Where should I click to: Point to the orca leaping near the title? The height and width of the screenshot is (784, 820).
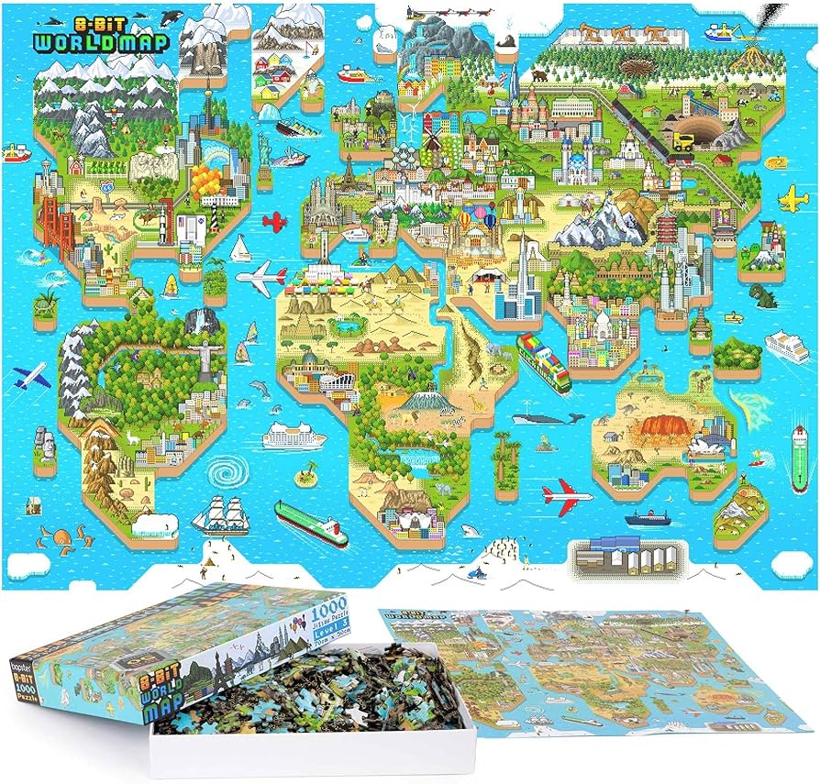(171, 17)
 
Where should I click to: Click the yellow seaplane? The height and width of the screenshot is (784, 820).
(792, 197)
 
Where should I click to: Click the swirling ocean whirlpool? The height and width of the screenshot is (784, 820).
(223, 473)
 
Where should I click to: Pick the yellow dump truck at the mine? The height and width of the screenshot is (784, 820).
(684, 140)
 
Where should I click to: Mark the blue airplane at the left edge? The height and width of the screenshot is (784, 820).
(30, 375)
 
